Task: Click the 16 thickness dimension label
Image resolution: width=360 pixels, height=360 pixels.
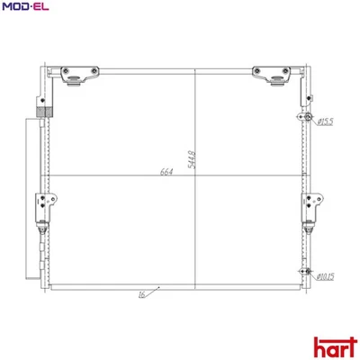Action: (142, 294)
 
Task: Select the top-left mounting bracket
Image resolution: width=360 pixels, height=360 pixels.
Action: (77, 76)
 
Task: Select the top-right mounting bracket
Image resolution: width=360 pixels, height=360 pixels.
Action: (273, 76)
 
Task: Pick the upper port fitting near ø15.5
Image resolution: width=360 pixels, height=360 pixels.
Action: (308, 119)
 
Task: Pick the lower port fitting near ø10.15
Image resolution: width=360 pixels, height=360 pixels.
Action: (308, 274)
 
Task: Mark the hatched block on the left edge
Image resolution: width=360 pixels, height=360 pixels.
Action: (40, 112)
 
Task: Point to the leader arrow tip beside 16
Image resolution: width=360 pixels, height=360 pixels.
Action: (159, 287)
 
